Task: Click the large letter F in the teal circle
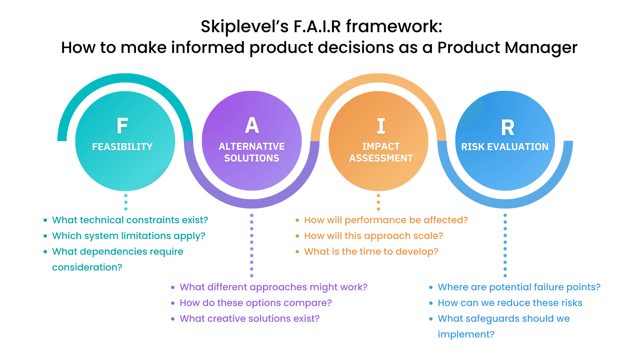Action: [x=122, y=126]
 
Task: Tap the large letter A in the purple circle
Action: [x=252, y=125]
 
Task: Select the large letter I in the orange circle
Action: [x=381, y=126]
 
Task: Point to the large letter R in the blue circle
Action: [x=508, y=127]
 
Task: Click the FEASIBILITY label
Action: [x=122, y=147]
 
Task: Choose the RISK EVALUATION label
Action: [x=505, y=147]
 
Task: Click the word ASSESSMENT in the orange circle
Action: [x=381, y=158]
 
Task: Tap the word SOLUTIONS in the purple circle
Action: [x=252, y=158]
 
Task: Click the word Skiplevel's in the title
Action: [x=244, y=26]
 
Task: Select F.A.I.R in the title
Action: [x=317, y=26]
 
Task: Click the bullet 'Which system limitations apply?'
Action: [x=129, y=236]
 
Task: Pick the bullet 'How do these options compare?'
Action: [x=256, y=303]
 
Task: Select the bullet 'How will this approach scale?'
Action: [x=373, y=236]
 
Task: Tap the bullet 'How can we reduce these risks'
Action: [x=510, y=303]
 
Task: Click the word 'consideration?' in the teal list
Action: [x=87, y=267]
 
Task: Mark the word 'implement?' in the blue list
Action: [x=466, y=335]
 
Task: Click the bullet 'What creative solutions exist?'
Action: [x=249, y=319]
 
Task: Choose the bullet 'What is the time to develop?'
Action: [x=371, y=252]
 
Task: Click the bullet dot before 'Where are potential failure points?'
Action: [x=431, y=287]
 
